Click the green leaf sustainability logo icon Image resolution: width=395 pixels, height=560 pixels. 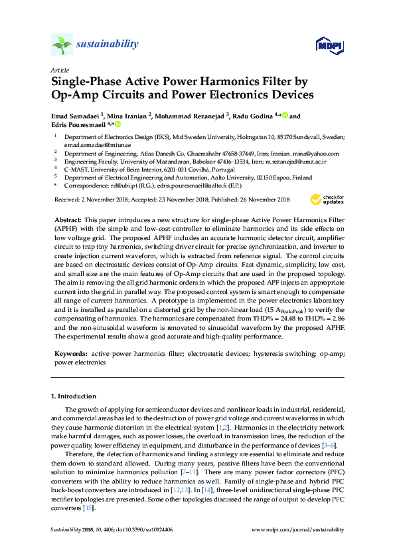tap(62, 45)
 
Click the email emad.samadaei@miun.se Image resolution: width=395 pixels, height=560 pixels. tap(88, 144)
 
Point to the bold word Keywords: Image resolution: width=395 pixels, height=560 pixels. tap(71, 355)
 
